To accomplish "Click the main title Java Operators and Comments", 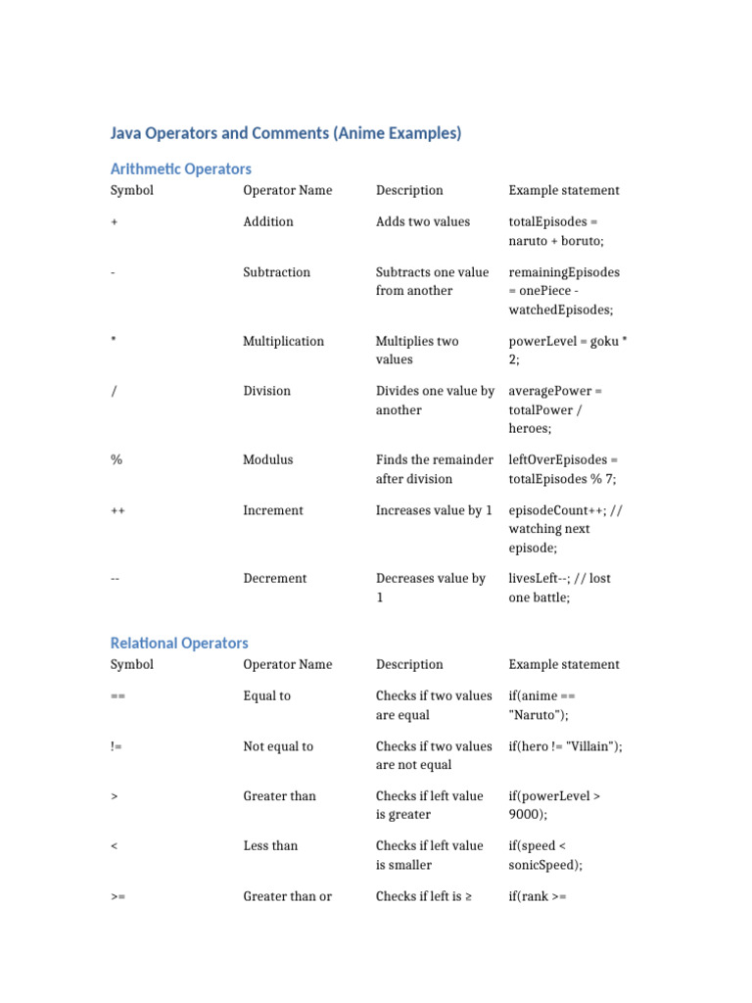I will [x=286, y=133].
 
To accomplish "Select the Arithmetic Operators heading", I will [x=181, y=168].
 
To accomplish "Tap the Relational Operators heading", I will [x=179, y=643].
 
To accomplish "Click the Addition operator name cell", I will [x=268, y=221].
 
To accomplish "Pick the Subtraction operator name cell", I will [x=277, y=272].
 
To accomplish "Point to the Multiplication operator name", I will [x=283, y=341].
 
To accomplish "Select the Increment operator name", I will [x=273, y=510].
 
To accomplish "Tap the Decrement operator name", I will [x=275, y=578].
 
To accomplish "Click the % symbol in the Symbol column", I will [x=116, y=459].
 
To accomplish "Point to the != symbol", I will [x=117, y=746].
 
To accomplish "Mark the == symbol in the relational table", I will [x=117, y=696].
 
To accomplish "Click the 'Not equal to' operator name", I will [x=278, y=746].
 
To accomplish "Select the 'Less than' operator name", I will [x=270, y=845].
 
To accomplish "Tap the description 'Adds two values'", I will [x=423, y=221].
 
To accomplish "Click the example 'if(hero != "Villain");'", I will [x=565, y=746].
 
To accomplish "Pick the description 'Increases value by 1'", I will [x=434, y=510].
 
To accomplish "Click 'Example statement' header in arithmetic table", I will [x=564, y=190].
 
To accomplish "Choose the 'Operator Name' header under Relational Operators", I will [x=288, y=664].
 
